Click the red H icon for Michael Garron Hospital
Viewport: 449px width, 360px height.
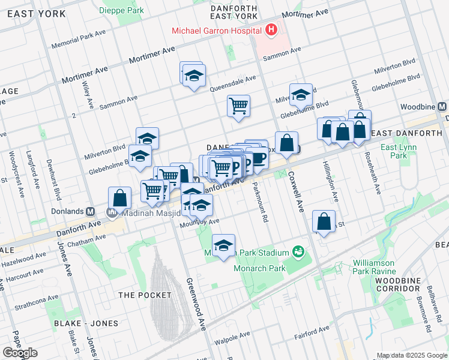[272, 29]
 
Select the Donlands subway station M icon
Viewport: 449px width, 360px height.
[91, 212]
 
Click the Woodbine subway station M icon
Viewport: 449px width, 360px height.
[442, 106]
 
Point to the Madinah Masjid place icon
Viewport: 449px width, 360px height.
[112, 212]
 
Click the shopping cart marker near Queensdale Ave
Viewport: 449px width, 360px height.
[238, 106]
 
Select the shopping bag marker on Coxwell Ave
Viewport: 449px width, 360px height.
[287, 143]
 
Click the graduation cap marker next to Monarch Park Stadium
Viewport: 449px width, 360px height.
[223, 245]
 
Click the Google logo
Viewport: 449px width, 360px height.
[20, 353]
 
